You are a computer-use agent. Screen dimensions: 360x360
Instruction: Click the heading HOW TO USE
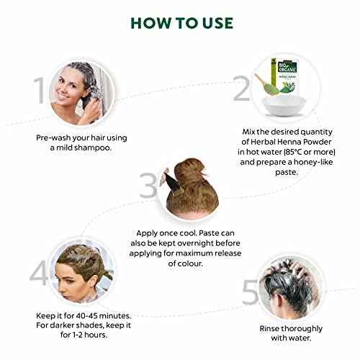pos(180,22)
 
